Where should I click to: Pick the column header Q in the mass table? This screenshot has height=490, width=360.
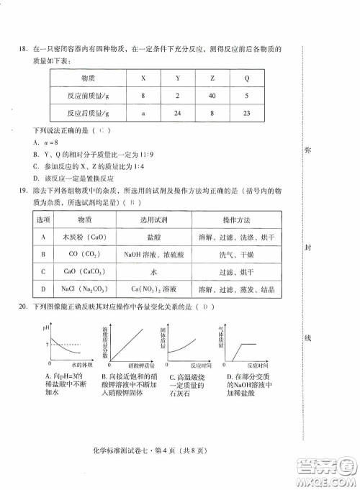click(x=247, y=78)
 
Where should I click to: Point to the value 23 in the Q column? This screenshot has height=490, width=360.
click(x=247, y=113)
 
